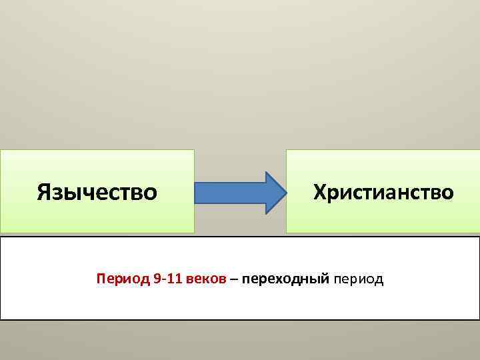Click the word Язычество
(x=97, y=192)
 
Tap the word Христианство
(x=383, y=192)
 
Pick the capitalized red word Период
(x=123, y=278)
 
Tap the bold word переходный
(x=286, y=279)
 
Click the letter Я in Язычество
(x=45, y=192)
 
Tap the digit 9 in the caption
(x=156, y=278)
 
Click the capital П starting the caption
(x=101, y=278)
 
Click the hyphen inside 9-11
(x=162, y=279)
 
